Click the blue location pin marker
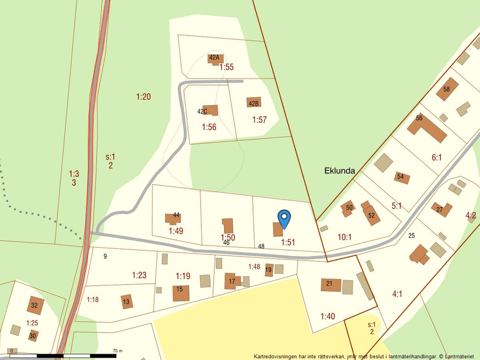[284, 219]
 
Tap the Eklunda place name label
[339, 171]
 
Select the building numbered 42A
[215, 58]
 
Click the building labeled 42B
[254, 103]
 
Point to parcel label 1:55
[226, 67]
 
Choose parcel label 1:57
[259, 120]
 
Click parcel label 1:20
[144, 97]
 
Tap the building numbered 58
[447, 89]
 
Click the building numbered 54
[401, 177]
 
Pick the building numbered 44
[173, 219]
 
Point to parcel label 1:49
[176, 231]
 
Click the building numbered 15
[181, 293]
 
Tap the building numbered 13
[127, 301]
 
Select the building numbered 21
[330, 285]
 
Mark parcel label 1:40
[328, 316]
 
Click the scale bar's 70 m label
[118, 351]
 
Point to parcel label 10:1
[345, 237]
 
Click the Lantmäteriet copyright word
[460, 356]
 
